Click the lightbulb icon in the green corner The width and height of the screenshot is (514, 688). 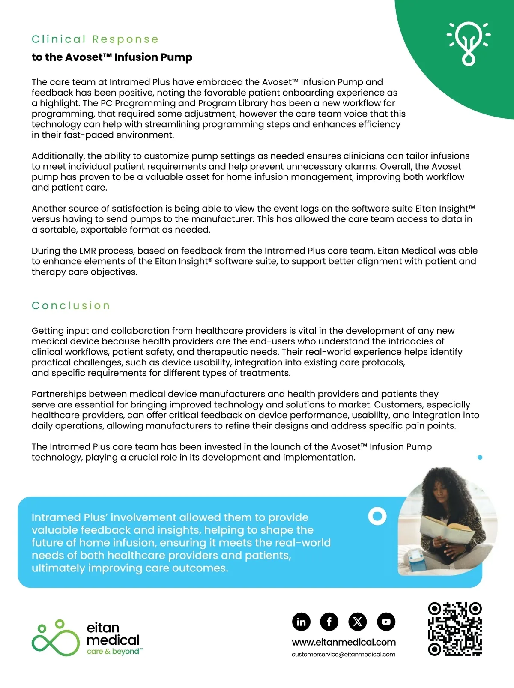[469, 43]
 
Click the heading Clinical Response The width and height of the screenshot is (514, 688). [95, 39]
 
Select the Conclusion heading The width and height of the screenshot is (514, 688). [71, 306]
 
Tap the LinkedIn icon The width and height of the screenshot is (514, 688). [301, 622]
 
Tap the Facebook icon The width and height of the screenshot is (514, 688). [329, 622]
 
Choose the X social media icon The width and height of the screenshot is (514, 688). [358, 622]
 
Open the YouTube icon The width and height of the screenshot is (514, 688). [386, 622]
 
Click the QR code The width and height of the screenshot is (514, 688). [455, 629]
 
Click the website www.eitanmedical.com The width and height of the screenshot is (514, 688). [344, 643]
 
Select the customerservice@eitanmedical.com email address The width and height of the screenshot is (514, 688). [344, 655]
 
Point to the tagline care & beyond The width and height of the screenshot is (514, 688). [113, 652]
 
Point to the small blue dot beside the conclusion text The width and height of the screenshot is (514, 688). [480, 458]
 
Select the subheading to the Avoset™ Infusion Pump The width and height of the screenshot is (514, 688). [112, 57]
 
